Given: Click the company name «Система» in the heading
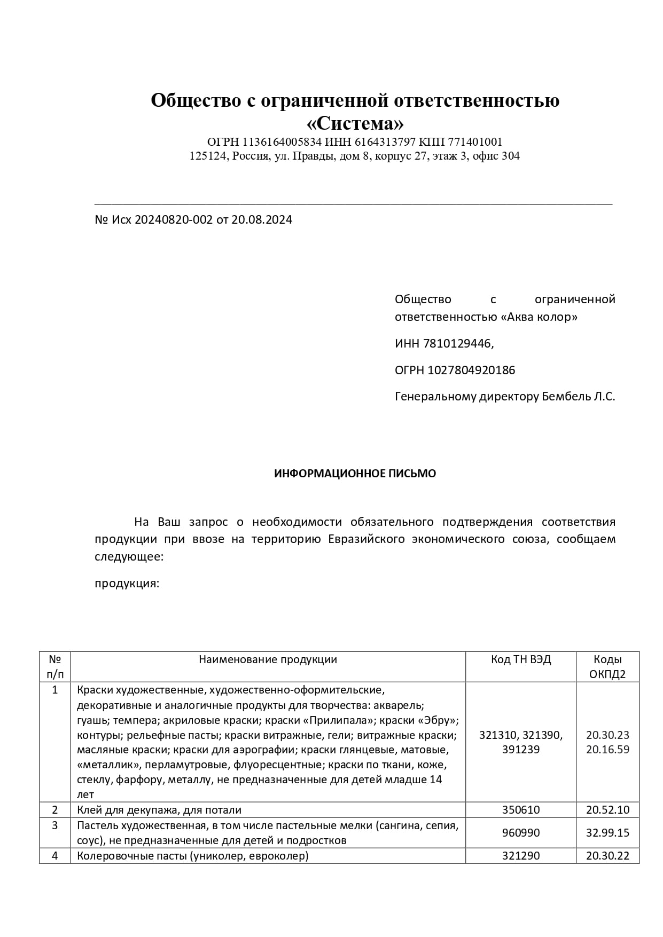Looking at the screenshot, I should click(355, 124).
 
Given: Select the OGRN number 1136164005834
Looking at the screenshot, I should click(282, 142).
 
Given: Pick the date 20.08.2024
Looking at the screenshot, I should click(262, 219).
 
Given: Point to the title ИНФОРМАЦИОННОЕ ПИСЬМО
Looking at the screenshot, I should click(355, 474).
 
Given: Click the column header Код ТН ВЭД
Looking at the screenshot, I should click(520, 659).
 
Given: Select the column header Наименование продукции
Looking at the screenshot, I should click(268, 659).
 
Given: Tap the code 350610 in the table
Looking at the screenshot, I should click(520, 809).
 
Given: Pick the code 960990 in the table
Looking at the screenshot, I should click(520, 833).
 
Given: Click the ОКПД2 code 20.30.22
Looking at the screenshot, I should click(607, 856).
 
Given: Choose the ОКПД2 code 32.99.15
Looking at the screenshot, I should click(607, 833).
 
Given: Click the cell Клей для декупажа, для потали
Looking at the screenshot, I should click(159, 810).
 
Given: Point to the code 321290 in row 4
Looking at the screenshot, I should click(520, 856).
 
